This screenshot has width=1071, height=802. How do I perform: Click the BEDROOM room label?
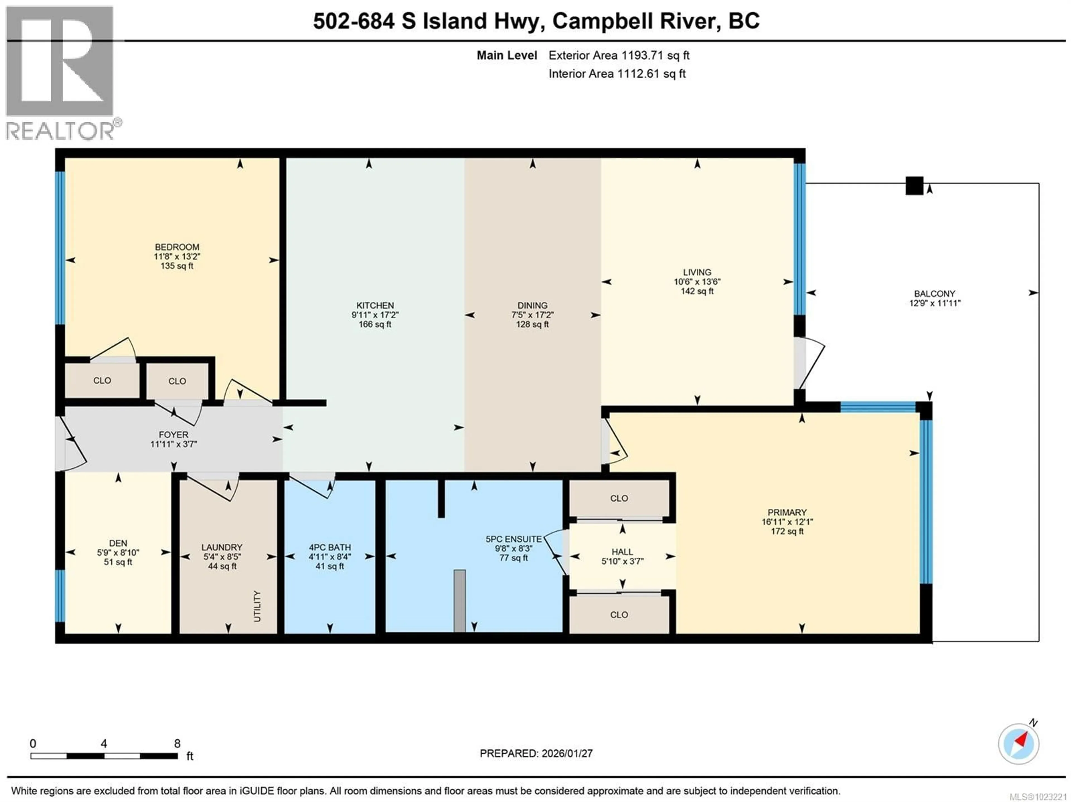tap(177, 247)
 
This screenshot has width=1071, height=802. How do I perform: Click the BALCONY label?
tap(934, 293)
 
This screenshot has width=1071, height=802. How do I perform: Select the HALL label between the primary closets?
tap(622, 551)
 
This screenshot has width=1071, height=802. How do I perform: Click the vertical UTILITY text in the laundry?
tap(257, 606)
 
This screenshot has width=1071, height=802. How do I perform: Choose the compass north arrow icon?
tap(1018, 743)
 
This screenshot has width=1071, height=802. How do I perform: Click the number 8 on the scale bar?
tap(177, 743)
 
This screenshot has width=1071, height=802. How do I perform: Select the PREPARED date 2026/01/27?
tap(566, 753)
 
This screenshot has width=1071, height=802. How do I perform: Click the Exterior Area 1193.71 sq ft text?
tap(619, 55)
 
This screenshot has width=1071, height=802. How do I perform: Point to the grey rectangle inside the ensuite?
tap(459, 601)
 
